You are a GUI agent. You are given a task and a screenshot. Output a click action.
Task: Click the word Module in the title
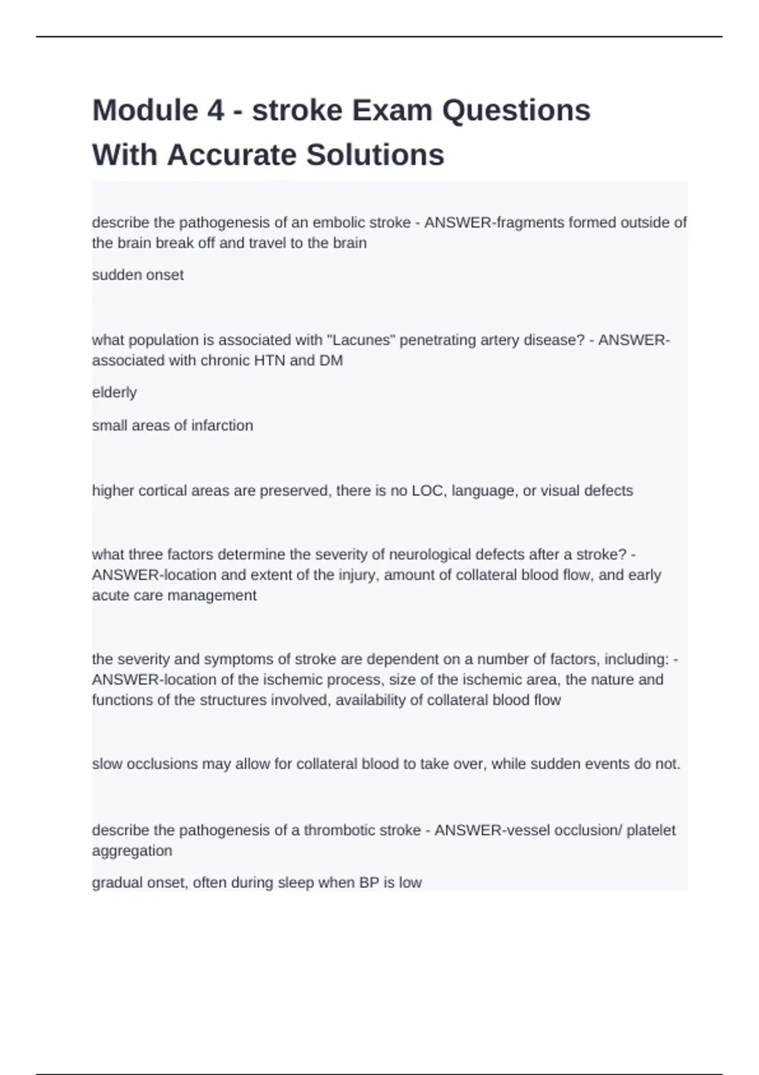point(145,111)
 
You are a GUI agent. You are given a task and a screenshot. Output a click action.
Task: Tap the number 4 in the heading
point(215,111)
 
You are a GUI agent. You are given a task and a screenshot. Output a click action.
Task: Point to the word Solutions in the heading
point(375,155)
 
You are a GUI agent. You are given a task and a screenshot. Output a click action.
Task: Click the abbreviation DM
point(332,360)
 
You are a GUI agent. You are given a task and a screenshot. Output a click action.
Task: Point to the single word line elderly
point(114,393)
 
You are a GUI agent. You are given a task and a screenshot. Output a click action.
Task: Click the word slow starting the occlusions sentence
point(107,764)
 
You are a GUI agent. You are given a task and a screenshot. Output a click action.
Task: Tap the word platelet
point(651,830)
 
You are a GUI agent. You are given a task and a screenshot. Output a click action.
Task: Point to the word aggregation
point(132,851)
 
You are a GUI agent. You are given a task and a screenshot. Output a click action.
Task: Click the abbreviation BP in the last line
point(369,883)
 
